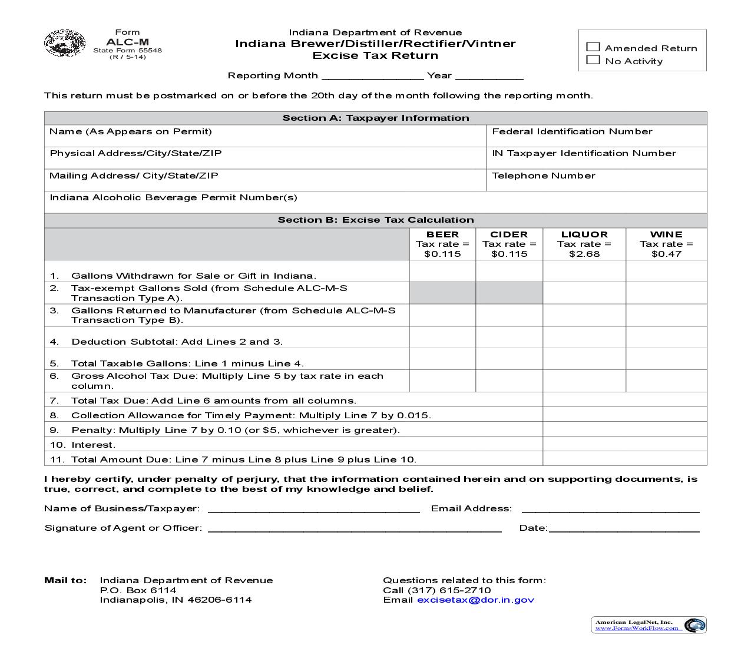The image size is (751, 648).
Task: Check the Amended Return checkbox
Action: pyautogui.click(x=593, y=47)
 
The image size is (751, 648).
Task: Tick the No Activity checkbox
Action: pyautogui.click(x=593, y=60)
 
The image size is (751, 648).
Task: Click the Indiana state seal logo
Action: pyautogui.click(x=65, y=44)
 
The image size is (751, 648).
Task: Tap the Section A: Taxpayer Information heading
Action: pyautogui.click(x=375, y=118)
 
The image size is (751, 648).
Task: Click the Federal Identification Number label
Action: pyautogui.click(x=572, y=131)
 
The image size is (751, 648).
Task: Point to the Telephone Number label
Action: pyautogui.click(x=543, y=176)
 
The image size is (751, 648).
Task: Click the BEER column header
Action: pyautogui.click(x=442, y=234)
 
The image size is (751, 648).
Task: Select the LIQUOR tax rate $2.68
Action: pyautogui.click(x=584, y=254)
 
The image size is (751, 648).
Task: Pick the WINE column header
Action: pyautogui.click(x=666, y=234)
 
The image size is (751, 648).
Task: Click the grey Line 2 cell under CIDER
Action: pyautogui.click(x=509, y=293)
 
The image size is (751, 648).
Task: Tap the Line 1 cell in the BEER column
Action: pyautogui.click(x=442, y=271)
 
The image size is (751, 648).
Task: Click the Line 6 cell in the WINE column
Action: pyautogui.click(x=666, y=381)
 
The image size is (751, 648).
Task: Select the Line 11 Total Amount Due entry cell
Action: pyautogui.click(x=624, y=459)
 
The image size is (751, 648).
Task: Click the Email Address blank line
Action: pyautogui.click(x=610, y=508)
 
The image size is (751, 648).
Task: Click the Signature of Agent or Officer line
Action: pyautogui.click(x=355, y=527)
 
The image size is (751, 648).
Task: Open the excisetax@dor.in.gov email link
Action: pyautogui.click(x=475, y=600)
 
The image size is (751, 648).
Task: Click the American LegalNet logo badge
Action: pyautogui.click(x=649, y=625)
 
